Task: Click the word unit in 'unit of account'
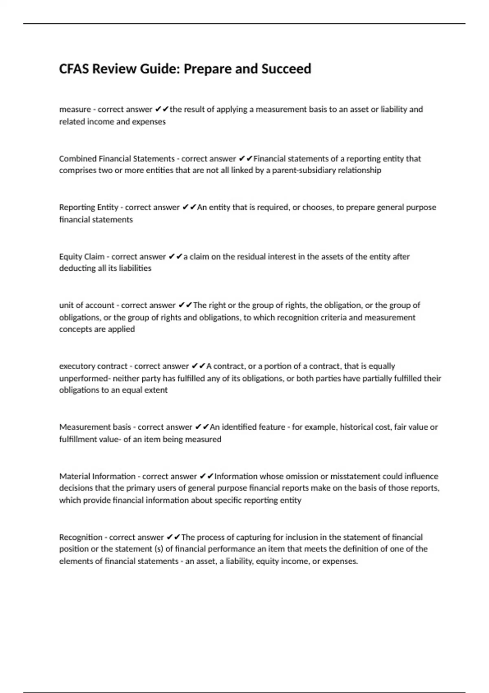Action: click(x=66, y=305)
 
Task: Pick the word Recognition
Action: click(x=81, y=537)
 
